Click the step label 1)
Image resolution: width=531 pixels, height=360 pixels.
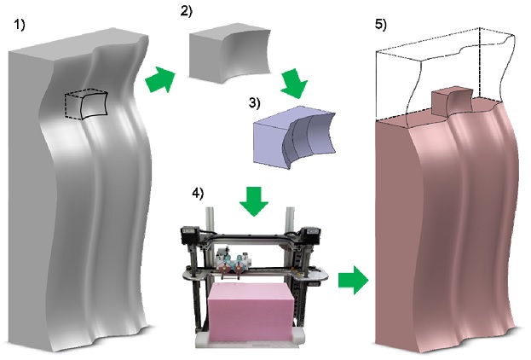pos(20,25)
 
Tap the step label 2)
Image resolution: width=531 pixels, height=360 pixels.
pos(187,11)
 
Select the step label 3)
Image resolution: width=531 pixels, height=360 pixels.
pos(255,102)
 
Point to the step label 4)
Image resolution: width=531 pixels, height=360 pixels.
pos(198,193)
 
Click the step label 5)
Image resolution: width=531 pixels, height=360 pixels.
pos(381,25)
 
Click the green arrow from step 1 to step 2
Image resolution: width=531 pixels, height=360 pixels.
pos(160,79)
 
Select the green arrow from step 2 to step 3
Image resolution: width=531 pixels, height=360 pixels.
pos(294,84)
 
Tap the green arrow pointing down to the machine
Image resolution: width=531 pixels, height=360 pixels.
pos(254,201)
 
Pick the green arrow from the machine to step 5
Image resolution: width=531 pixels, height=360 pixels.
pos(353,280)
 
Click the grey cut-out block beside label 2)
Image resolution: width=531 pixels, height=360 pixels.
pos(229,53)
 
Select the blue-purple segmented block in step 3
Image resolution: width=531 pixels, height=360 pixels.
pos(294,137)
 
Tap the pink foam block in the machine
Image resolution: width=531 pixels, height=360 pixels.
pos(251,312)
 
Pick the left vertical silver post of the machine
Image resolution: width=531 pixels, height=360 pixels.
pos(210,220)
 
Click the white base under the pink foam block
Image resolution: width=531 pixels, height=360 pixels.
pos(251,342)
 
